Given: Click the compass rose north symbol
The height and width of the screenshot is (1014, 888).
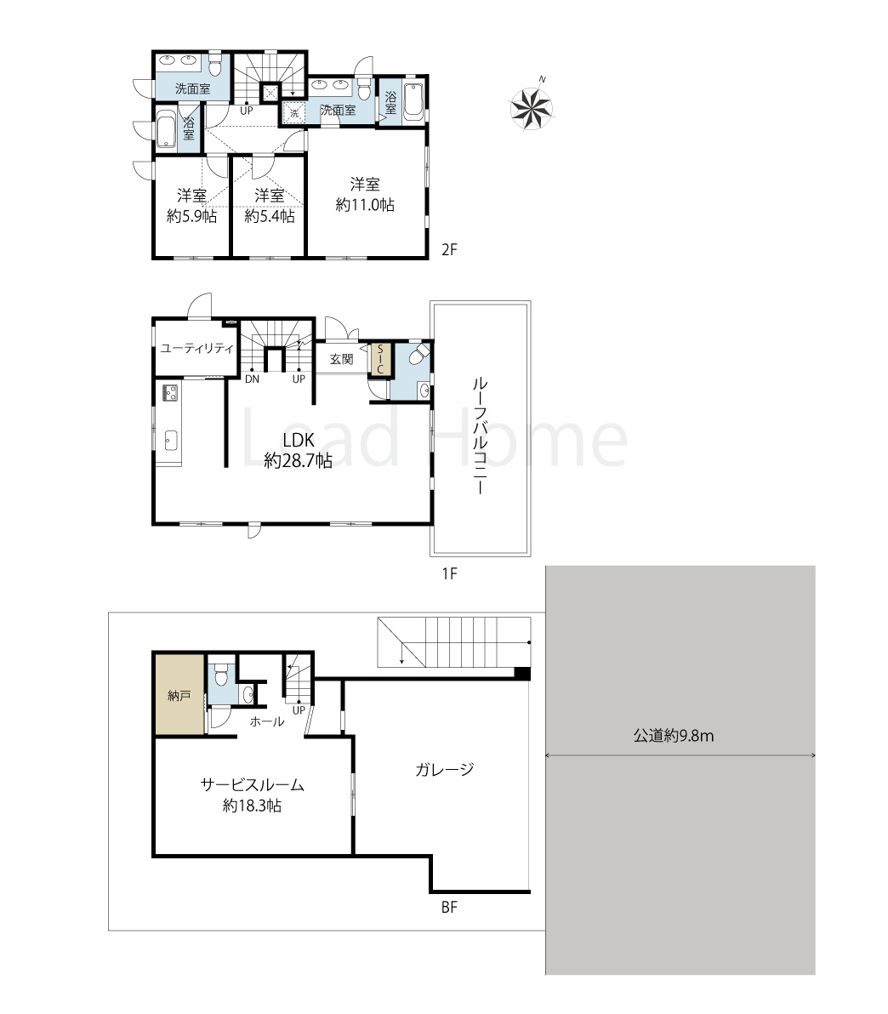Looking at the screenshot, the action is [x=532, y=106].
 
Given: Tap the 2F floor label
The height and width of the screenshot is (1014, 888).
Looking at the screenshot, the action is [x=449, y=249].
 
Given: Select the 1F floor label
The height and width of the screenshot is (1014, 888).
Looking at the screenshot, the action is [x=449, y=573].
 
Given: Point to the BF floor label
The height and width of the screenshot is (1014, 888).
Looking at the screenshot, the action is [x=449, y=908].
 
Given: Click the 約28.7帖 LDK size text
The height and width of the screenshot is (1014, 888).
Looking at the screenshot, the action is [x=299, y=460].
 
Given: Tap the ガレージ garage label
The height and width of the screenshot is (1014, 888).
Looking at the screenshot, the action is [x=445, y=770].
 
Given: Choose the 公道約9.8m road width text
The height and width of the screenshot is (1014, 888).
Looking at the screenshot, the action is [x=674, y=736].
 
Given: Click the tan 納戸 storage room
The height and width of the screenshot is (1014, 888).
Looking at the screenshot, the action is [x=179, y=694].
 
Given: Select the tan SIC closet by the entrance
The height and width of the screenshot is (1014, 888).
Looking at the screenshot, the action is [x=380, y=360].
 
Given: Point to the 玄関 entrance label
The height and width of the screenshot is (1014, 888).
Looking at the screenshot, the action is [x=341, y=360].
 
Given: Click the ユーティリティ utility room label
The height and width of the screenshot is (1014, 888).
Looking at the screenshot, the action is [x=196, y=349].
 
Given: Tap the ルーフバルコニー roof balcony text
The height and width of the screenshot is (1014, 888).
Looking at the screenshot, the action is [x=479, y=436].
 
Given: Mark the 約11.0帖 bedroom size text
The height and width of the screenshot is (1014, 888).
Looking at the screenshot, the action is [x=365, y=205].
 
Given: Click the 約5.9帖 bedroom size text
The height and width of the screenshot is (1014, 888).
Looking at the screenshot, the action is [x=191, y=216].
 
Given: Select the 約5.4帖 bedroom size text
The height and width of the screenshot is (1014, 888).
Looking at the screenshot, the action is [x=269, y=216].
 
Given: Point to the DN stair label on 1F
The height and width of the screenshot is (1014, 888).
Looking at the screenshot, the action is [x=253, y=379].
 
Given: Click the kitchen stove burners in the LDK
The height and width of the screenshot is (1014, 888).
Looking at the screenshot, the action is [x=170, y=391].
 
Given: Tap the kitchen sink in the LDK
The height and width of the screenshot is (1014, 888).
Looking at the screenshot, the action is [x=170, y=440].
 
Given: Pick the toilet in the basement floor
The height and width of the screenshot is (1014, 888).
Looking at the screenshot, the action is [x=221, y=674].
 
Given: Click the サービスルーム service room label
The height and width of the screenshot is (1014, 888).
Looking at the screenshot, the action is [x=253, y=785].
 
